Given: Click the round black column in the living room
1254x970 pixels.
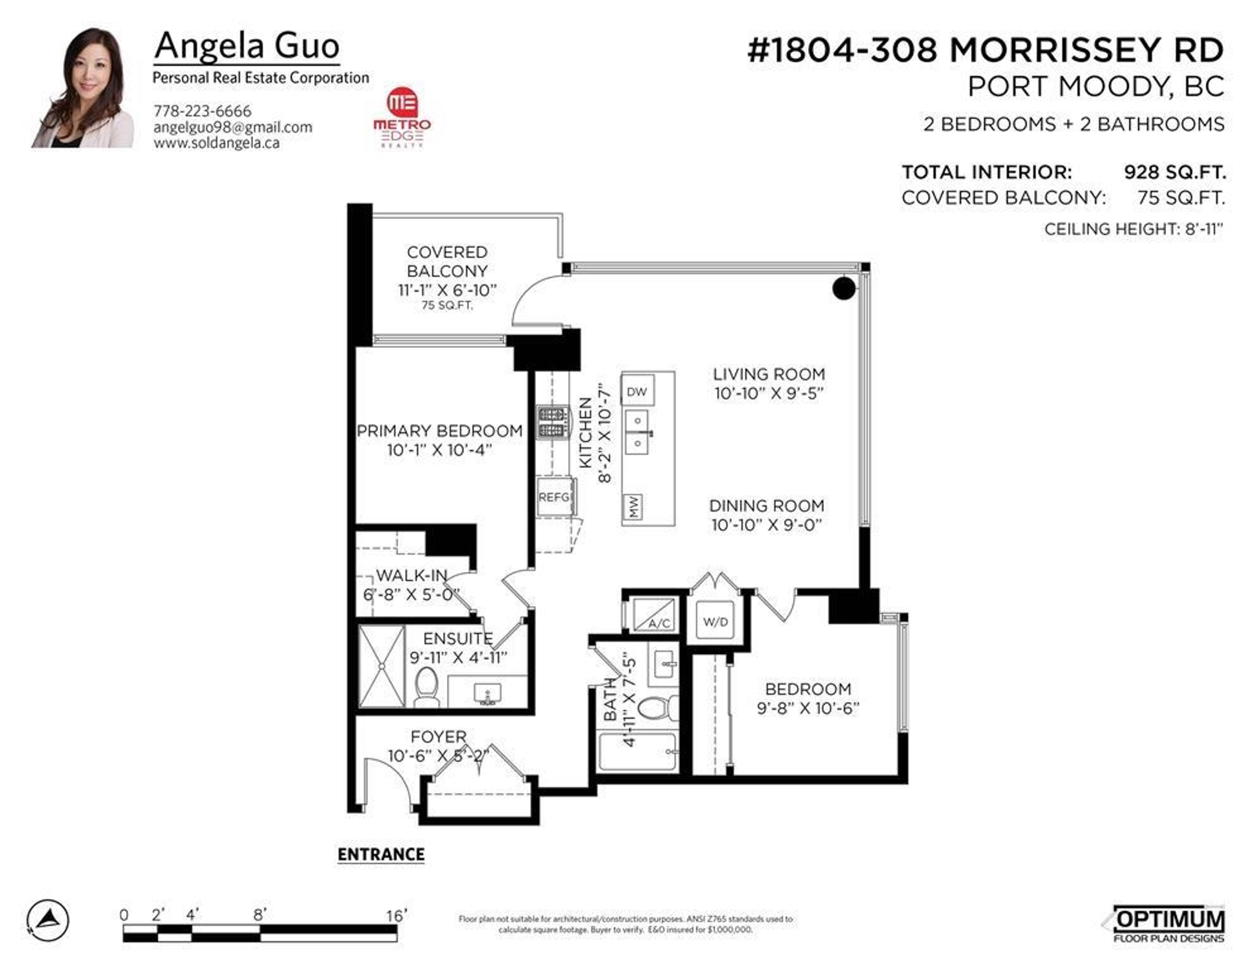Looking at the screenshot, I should point(844,288).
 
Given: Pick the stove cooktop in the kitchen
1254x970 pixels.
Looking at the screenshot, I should point(552,422).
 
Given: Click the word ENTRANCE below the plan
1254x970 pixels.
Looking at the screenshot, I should point(381,855).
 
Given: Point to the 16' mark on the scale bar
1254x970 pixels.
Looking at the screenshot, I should point(396,915).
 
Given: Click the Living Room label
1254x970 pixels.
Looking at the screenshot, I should point(769,375).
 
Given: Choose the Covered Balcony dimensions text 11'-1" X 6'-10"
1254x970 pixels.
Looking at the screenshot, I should point(447,290).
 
